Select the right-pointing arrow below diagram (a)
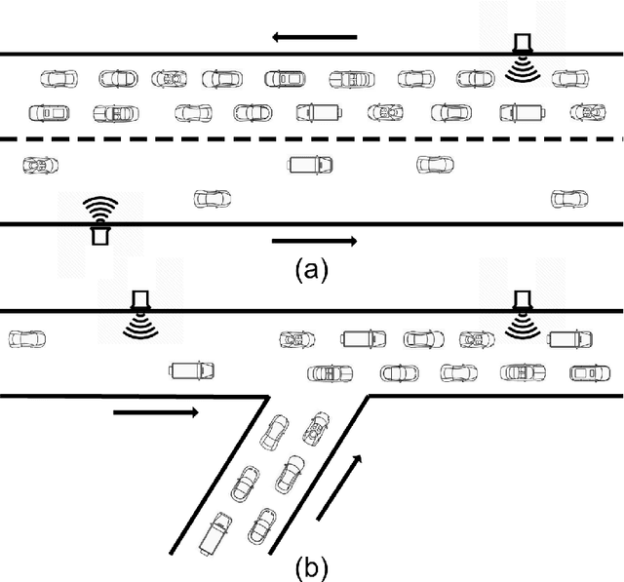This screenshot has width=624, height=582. [x=314, y=240]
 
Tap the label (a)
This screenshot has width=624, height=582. [x=312, y=270]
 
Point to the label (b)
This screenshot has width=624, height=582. [x=312, y=566]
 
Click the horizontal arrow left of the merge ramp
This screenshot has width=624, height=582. [x=156, y=413]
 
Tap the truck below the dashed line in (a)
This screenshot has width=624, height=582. [x=310, y=165]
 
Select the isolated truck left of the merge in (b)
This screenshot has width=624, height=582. [x=191, y=370]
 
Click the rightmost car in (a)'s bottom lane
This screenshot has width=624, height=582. [x=568, y=199]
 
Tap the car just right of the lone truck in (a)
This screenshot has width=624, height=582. [x=435, y=165]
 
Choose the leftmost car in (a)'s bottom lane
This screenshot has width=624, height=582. [x=212, y=199]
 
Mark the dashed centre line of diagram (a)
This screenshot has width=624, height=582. [x=312, y=139]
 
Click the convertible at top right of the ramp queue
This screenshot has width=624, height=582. [x=316, y=426]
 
